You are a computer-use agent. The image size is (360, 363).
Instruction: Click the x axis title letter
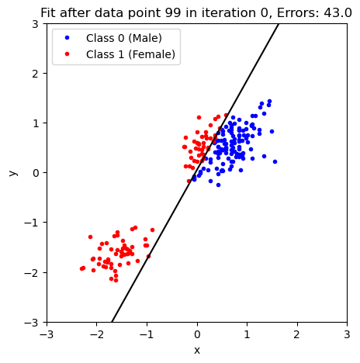click(x=196, y=351)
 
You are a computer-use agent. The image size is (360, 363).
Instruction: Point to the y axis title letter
click(x=13, y=172)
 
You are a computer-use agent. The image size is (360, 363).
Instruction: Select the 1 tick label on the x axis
click(x=247, y=335)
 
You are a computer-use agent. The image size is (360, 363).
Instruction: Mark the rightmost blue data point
click(x=275, y=161)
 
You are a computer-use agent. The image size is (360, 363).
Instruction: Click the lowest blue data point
click(x=218, y=185)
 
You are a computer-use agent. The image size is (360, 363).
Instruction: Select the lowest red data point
click(x=116, y=280)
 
